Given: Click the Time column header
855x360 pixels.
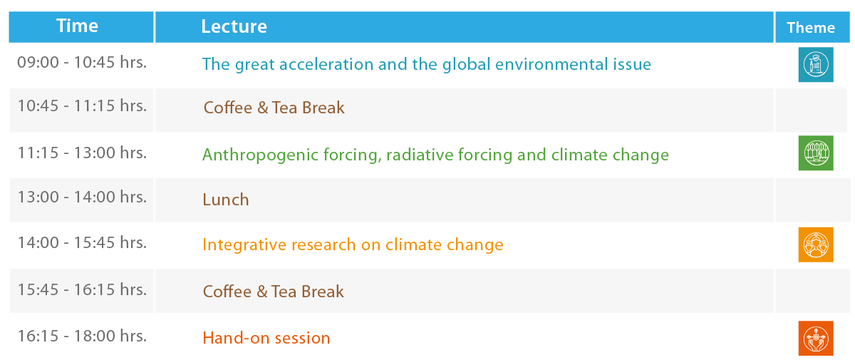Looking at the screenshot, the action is click(x=77, y=26).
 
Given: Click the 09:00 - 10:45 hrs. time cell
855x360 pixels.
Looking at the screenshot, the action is click(x=82, y=62).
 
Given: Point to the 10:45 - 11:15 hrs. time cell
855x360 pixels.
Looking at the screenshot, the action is click(x=82, y=106).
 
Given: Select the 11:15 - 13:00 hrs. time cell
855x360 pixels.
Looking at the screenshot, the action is click(x=82, y=153).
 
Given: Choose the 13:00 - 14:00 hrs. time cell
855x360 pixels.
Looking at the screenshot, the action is click(x=82, y=197).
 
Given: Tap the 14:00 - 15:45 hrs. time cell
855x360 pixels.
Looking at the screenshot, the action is click(x=82, y=242).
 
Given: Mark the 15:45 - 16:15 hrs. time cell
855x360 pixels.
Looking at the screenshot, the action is click(x=82, y=289).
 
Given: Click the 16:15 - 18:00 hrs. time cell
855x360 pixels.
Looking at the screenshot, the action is click(x=82, y=336).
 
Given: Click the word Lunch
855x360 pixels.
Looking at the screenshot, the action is click(x=226, y=200).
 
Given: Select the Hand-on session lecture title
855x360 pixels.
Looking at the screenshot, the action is click(x=266, y=338).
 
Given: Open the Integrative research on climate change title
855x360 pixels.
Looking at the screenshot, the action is click(x=353, y=245).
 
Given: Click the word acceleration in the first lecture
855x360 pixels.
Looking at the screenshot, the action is click(x=326, y=64).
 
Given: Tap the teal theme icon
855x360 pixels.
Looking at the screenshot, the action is click(x=816, y=65).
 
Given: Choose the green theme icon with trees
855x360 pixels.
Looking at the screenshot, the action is click(x=816, y=153).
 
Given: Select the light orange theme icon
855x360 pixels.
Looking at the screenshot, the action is click(x=816, y=245).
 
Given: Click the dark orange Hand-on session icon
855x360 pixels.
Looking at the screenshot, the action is click(x=816, y=338).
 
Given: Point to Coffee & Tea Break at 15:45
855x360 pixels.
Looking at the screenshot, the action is click(x=274, y=292).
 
